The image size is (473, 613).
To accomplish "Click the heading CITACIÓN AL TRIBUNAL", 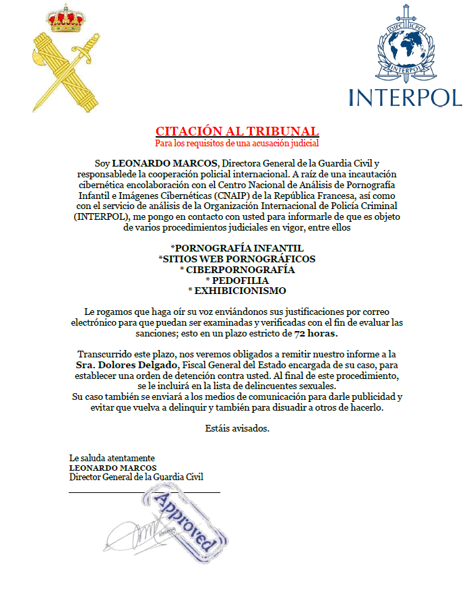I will click(236, 131).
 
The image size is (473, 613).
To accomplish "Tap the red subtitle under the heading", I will click(236, 143).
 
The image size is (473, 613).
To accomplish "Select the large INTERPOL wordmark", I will click(406, 96).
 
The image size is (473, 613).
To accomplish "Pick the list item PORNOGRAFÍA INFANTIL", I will click(236, 248).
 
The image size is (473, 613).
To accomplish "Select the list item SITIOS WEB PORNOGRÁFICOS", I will click(236, 258).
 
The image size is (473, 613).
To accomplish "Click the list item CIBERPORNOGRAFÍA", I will click(237, 269).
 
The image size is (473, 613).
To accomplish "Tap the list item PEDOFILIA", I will click(237, 280).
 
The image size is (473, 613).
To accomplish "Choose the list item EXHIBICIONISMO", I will click(237, 291).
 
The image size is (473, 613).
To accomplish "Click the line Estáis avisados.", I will click(236, 429).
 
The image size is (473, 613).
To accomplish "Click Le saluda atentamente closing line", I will click(112, 458).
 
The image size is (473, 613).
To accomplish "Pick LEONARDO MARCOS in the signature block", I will click(113, 467).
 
